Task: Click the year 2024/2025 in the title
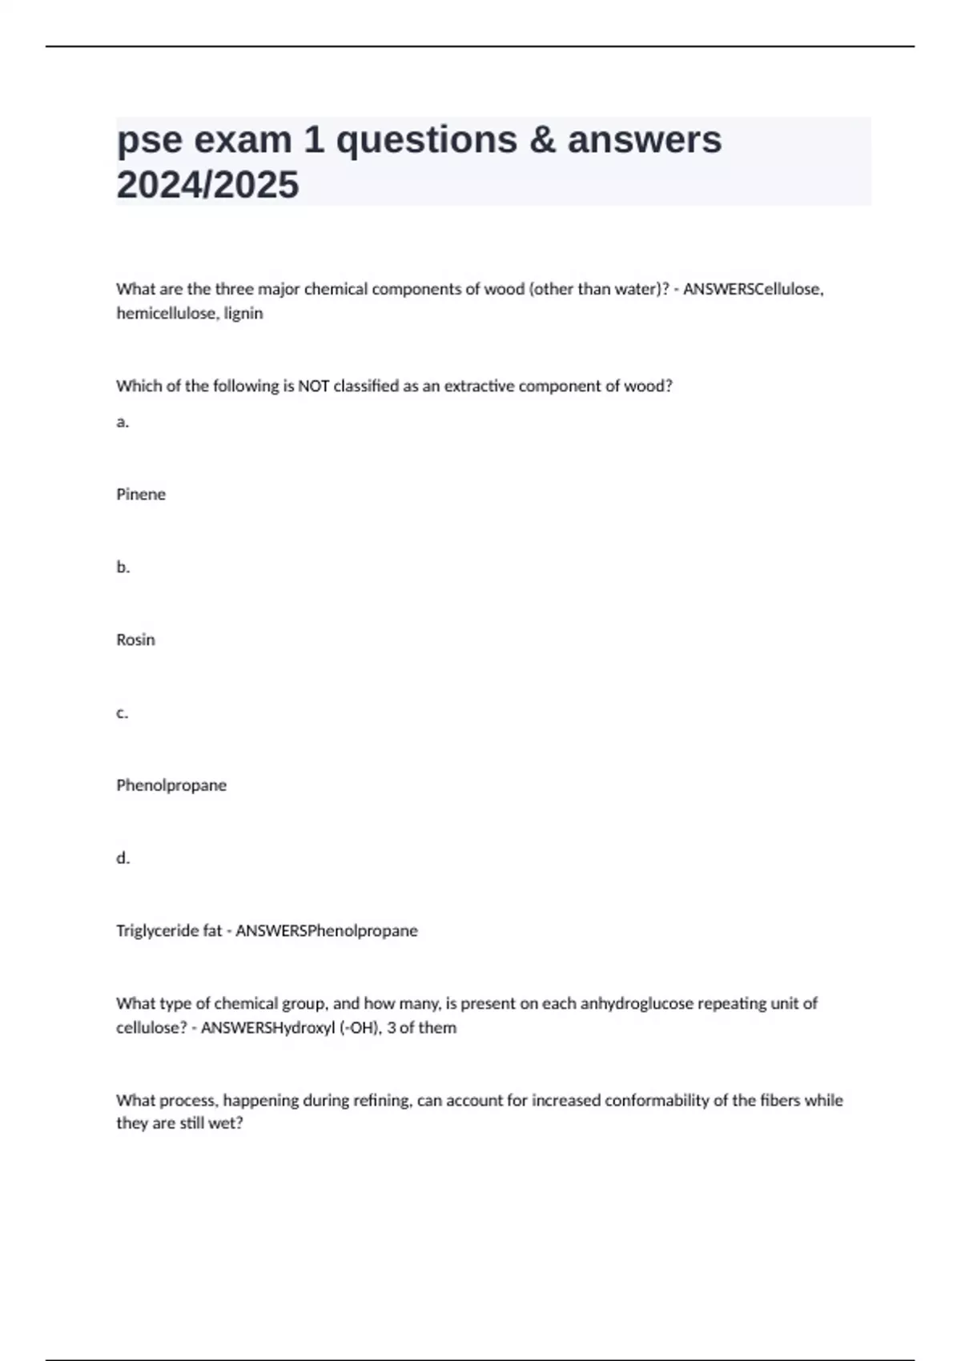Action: click(207, 185)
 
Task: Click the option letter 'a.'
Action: click(123, 422)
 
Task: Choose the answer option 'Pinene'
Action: click(141, 495)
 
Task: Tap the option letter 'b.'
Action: click(123, 567)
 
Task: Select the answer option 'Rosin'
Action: click(135, 640)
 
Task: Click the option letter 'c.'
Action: click(122, 713)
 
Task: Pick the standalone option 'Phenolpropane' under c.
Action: click(171, 785)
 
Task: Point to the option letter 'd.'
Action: click(123, 858)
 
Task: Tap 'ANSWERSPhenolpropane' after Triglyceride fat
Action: click(327, 931)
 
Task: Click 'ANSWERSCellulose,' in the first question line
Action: click(753, 289)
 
